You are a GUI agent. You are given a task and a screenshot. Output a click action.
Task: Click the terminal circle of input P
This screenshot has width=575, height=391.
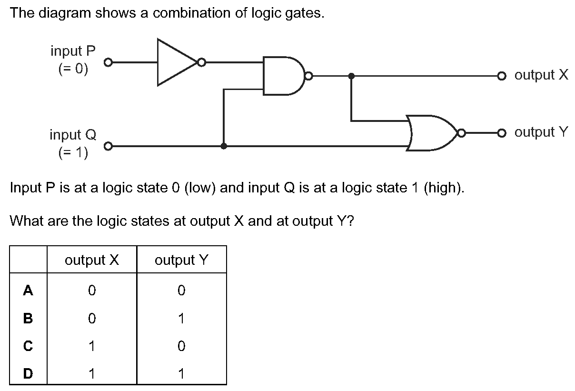click(109, 62)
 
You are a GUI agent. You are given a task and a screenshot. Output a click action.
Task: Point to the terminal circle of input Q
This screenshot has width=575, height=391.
click(109, 146)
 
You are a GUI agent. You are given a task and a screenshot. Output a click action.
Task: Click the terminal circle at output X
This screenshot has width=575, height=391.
click(502, 76)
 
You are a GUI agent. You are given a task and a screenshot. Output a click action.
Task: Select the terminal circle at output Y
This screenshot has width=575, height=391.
click(502, 133)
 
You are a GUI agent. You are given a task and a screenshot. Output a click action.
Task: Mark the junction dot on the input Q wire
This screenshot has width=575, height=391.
click(224, 146)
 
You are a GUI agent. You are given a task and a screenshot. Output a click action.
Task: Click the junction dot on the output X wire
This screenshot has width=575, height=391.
click(351, 76)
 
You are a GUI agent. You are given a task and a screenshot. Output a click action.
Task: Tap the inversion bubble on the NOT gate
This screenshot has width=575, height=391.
click(202, 62)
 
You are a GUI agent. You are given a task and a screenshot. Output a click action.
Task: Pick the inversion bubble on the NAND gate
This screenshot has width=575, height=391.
click(308, 76)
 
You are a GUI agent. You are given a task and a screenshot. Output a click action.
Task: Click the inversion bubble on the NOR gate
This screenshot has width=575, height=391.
click(462, 133)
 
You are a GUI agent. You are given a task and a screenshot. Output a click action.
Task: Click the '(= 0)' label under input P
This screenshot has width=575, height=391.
click(73, 69)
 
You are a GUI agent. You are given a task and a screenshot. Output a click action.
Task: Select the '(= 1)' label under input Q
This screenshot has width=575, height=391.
click(73, 152)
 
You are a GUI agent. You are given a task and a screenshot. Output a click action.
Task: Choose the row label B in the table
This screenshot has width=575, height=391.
click(28, 318)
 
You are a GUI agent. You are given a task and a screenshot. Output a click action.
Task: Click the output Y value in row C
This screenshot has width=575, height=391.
click(181, 346)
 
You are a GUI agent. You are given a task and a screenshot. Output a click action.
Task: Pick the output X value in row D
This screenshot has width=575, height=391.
click(92, 373)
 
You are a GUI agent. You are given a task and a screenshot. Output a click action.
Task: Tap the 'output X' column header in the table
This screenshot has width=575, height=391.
click(92, 260)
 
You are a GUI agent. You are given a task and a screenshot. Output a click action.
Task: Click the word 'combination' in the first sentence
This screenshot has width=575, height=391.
click(192, 12)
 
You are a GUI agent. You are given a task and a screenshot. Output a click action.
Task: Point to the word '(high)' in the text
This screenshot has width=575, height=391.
click(444, 188)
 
